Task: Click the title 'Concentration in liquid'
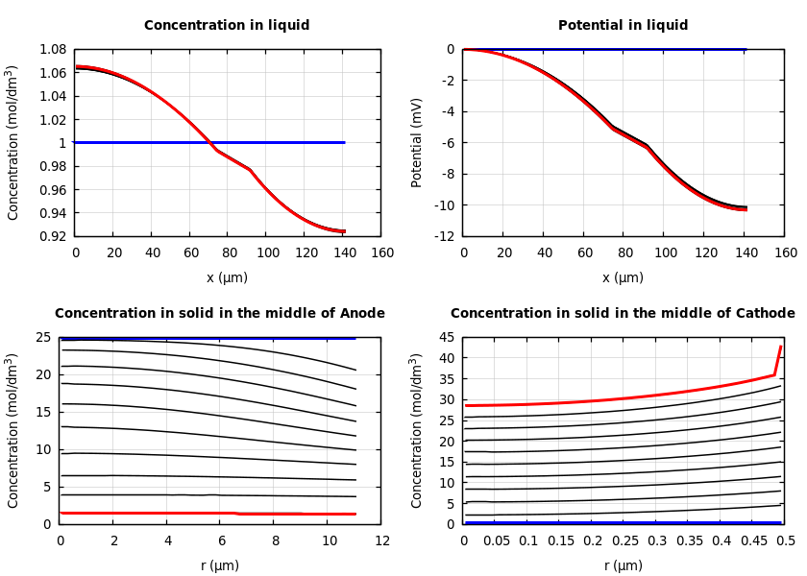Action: pos(227,26)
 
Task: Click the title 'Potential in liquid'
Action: pos(623,26)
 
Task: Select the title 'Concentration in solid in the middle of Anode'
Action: pos(219,314)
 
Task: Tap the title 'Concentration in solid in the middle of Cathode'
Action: pos(623,314)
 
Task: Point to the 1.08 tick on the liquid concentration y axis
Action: pos(52,49)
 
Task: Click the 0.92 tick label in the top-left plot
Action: pos(52,236)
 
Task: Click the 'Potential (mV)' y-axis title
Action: pos(417,142)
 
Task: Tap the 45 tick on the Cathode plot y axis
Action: pos(447,337)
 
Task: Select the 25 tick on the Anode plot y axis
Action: pos(43,337)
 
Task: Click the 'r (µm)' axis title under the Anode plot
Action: pos(219,565)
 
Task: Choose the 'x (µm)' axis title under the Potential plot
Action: pos(623,277)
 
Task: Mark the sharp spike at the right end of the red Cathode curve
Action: pos(780,348)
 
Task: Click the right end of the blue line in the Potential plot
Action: pos(746,49)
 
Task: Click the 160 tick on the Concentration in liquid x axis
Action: pos(382,253)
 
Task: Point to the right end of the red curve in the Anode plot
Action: pos(355,514)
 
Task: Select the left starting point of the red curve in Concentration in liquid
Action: pos(77,66)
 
